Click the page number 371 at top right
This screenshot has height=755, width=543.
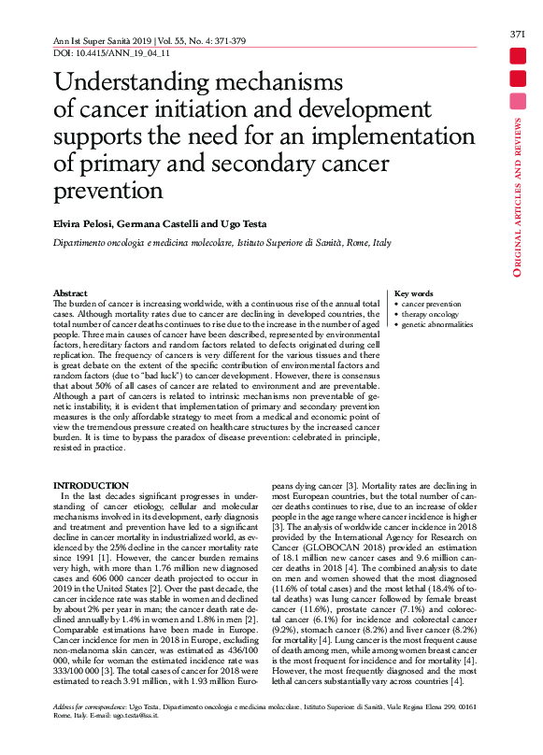point(517,35)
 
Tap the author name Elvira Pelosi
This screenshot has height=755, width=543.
point(78,225)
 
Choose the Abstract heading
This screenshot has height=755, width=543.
point(70,293)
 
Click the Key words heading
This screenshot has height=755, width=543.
point(414,293)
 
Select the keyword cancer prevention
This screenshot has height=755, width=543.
point(431,304)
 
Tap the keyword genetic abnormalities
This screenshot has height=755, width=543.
point(436,324)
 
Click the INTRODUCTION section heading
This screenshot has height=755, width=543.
point(91,486)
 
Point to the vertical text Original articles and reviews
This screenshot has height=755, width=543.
point(517,196)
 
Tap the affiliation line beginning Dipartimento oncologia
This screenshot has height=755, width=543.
point(221,243)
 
